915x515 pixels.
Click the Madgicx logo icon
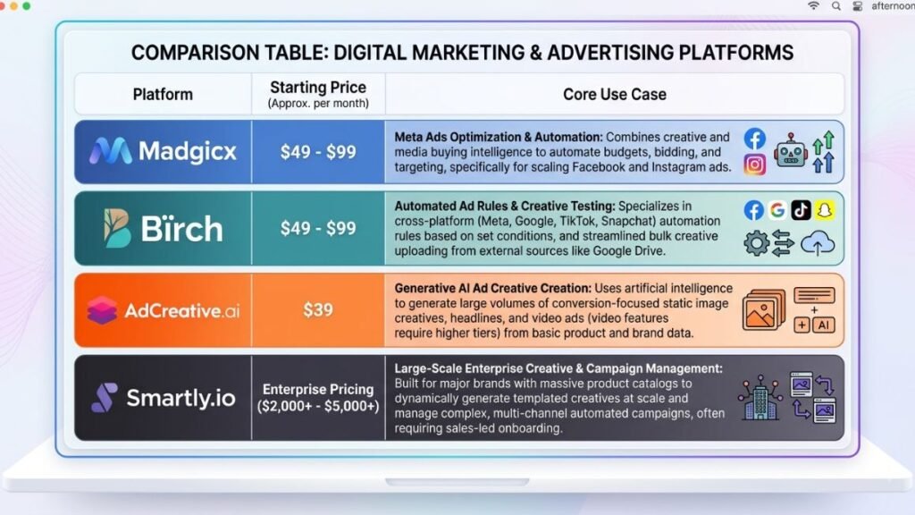point(110,151)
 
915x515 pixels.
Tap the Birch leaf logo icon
point(117,228)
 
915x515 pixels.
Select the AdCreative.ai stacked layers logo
point(102,310)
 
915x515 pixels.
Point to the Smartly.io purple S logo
point(105,398)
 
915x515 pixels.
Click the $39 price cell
point(318,309)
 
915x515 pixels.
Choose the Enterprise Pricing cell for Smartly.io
point(318,398)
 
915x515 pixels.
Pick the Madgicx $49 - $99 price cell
point(318,152)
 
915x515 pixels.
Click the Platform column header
point(163,94)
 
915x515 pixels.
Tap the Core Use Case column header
point(615,94)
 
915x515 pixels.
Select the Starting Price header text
point(318,87)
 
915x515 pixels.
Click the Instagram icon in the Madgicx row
point(754,165)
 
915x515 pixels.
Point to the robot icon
point(791,151)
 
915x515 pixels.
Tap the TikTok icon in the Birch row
point(802,210)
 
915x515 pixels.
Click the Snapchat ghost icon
point(825,210)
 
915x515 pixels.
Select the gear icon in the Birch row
point(756,243)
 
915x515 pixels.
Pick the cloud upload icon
point(818,243)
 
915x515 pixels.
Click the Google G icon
point(777,210)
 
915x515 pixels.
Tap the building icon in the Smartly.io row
point(760,398)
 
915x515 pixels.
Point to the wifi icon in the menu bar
point(813,6)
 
